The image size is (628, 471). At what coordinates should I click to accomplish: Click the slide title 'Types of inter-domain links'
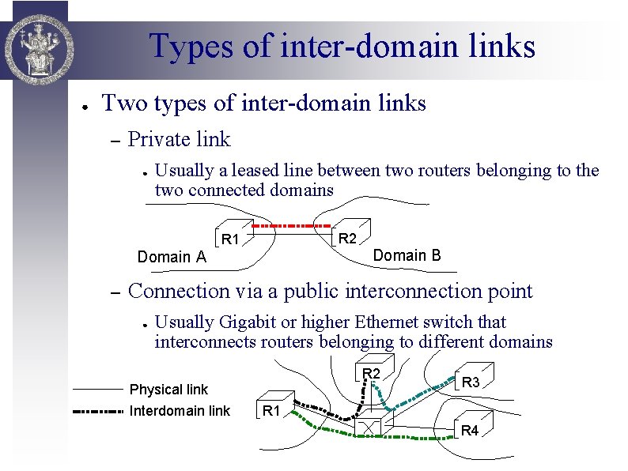[342, 46]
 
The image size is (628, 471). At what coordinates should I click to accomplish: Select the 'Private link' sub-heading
[179, 140]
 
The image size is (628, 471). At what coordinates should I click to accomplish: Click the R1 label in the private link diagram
[230, 239]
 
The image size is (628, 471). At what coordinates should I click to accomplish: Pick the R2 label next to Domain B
[348, 239]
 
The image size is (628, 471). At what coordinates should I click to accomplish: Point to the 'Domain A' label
[172, 257]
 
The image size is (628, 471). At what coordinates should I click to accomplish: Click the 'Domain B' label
[407, 255]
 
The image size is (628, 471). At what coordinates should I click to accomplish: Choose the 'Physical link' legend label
[168, 390]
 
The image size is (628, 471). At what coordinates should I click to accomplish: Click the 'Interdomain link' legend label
[180, 410]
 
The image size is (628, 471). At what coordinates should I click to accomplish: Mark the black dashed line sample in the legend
[98, 411]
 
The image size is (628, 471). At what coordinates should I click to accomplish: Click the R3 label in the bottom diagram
[471, 382]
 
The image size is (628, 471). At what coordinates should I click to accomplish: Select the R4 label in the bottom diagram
[470, 431]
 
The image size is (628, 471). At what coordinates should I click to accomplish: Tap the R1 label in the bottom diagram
[271, 410]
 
